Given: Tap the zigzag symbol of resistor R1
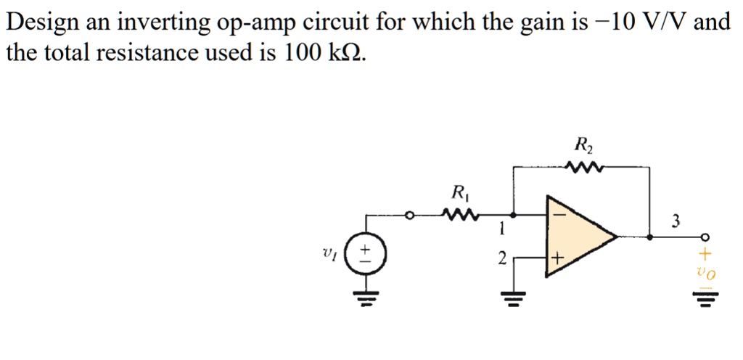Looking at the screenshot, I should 460,215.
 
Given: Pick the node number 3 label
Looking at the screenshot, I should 676,220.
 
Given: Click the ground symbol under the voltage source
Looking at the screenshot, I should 366,296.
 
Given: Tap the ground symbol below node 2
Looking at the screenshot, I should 514,296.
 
